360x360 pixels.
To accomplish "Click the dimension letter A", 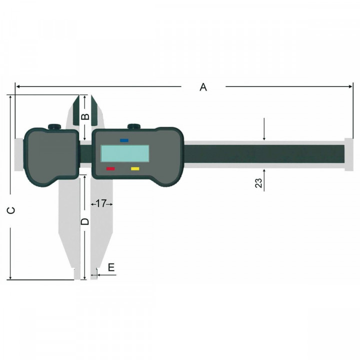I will [x=203, y=87].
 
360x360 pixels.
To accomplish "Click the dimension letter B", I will [x=85, y=117].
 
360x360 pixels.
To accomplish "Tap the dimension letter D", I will [x=85, y=220].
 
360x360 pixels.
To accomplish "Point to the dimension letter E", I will [x=111, y=267].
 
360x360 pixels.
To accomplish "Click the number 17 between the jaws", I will [x=101, y=203].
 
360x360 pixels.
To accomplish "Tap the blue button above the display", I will [x=124, y=140].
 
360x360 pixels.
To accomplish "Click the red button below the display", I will [x=110, y=169].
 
